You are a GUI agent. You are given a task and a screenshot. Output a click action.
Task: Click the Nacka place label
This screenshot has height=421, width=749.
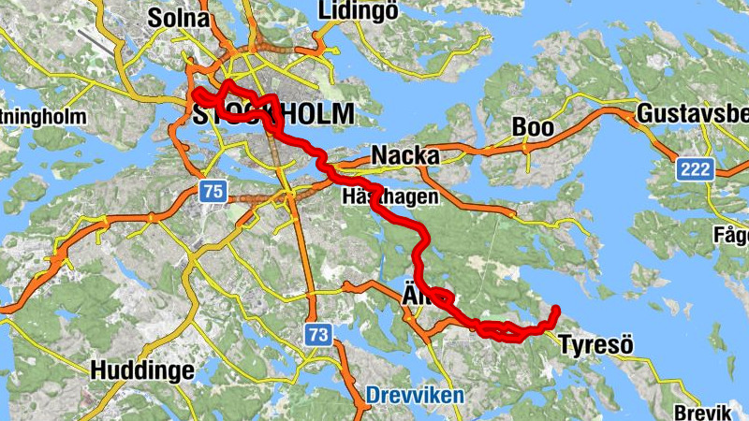pyautogui.click(x=405, y=155)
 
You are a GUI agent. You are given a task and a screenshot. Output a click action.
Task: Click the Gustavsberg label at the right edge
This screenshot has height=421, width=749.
pyautogui.click(x=692, y=114)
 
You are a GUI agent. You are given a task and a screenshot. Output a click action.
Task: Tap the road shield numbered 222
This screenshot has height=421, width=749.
pyautogui.click(x=697, y=169)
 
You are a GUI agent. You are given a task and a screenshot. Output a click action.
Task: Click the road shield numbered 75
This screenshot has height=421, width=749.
pyautogui.click(x=213, y=192)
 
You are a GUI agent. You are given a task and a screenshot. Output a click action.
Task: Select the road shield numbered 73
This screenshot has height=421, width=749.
pyautogui.click(x=319, y=334)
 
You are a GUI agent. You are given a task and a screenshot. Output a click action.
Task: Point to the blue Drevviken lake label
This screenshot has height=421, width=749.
pyautogui.click(x=415, y=396)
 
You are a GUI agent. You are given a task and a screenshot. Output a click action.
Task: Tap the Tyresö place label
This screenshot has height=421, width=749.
pyautogui.click(x=595, y=345)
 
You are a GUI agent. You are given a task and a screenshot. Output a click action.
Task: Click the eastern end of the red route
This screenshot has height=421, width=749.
pyautogui.click(x=556, y=309)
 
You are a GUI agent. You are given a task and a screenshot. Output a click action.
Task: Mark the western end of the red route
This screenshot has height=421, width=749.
pyautogui.click(x=197, y=93)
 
